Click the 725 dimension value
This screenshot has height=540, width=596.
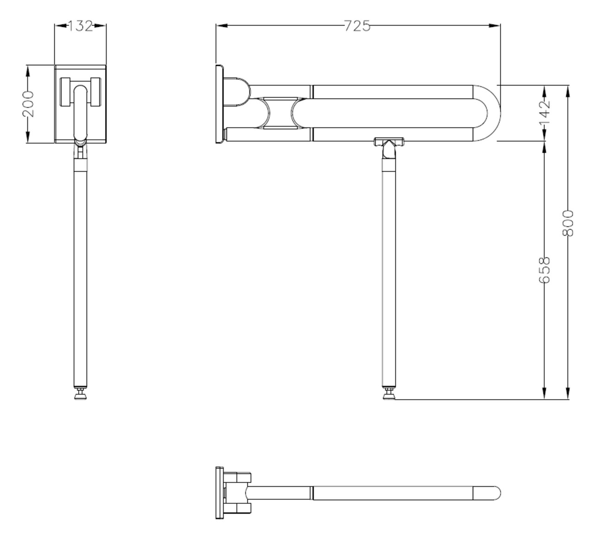357,26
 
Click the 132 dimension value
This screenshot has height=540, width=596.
81,26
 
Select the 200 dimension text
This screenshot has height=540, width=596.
28,104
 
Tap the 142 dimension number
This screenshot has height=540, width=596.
545,113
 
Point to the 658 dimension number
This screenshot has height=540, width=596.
545,270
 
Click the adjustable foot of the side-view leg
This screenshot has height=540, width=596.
389,395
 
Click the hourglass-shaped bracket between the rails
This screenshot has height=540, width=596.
280,113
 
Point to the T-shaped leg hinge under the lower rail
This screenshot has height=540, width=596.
389,142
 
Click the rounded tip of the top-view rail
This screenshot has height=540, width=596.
496,493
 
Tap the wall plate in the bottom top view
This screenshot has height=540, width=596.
220,493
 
